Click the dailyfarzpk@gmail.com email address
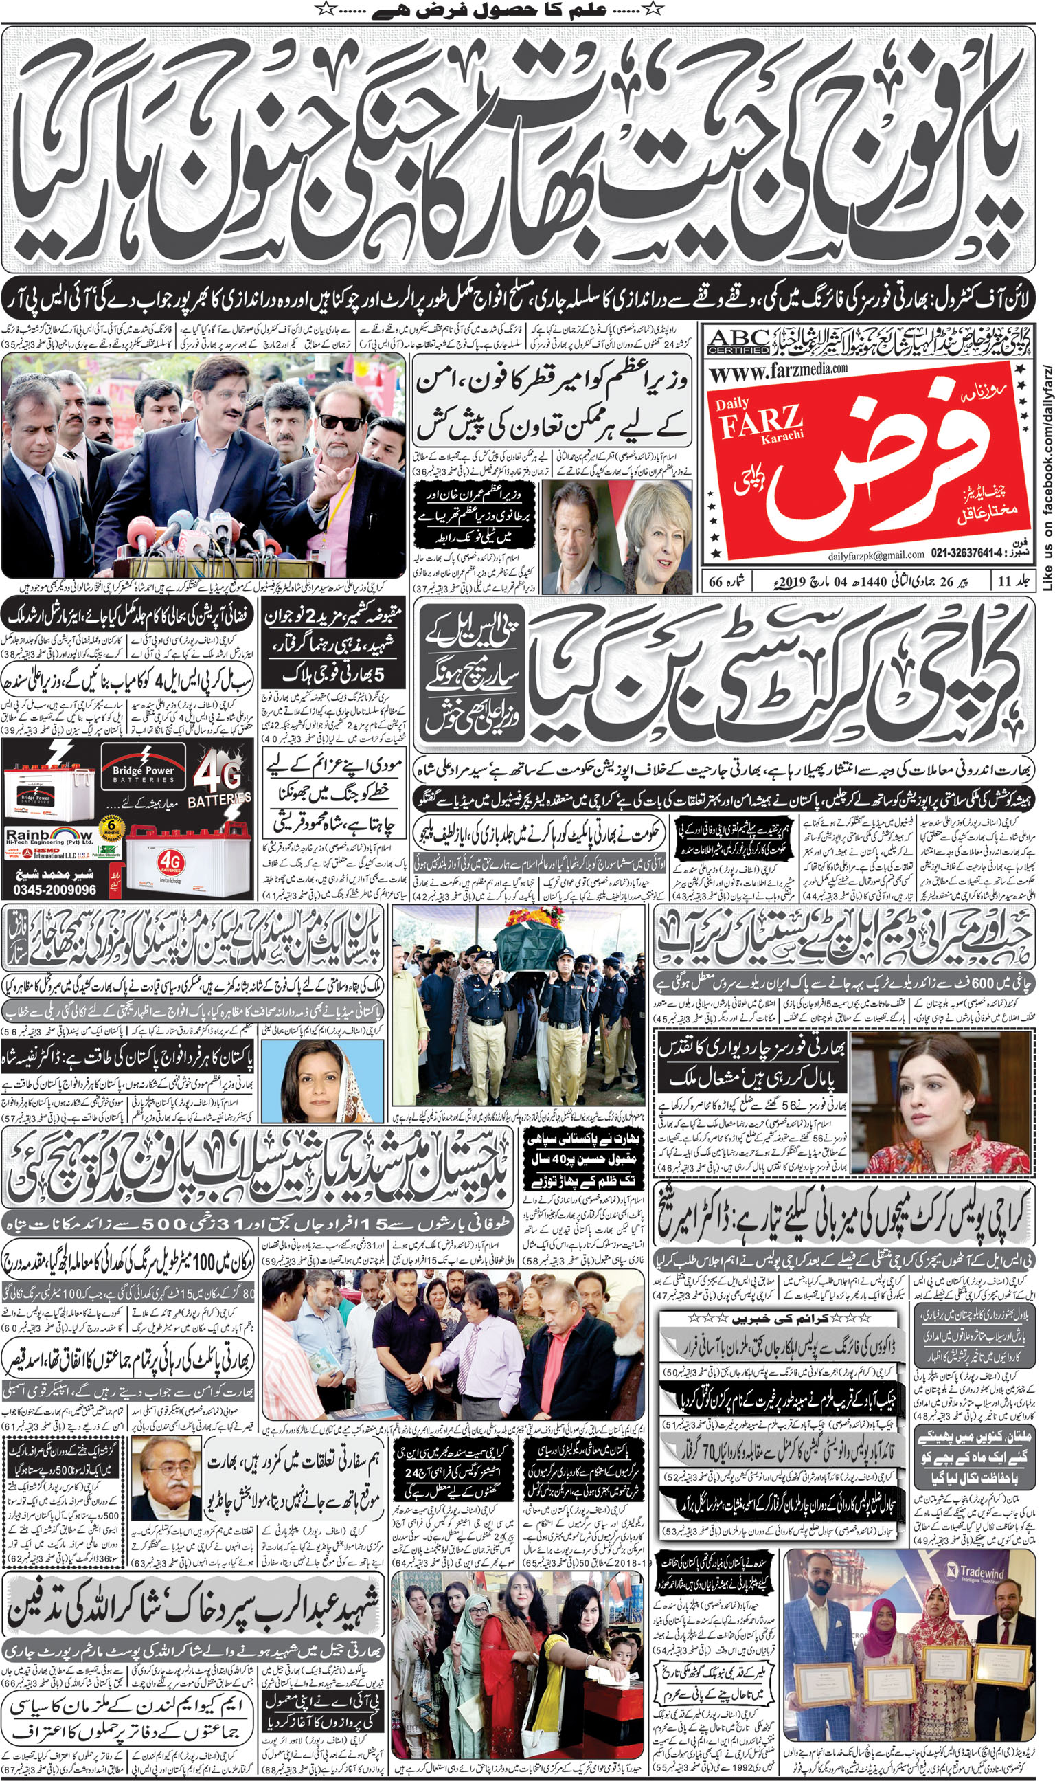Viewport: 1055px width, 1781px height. point(876,555)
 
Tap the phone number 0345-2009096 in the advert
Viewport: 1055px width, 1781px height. point(55,889)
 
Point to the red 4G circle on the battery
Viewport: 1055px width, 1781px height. point(170,862)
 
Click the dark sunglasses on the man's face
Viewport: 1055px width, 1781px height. point(341,423)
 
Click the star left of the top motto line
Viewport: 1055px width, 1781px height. point(324,9)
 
